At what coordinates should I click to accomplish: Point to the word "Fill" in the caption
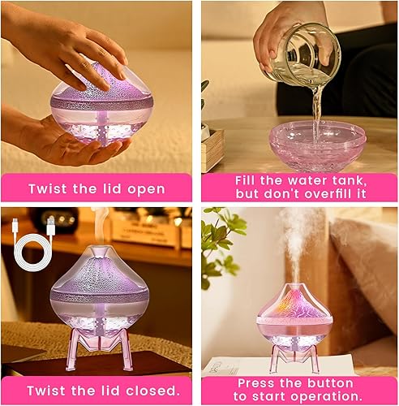[x=248, y=179]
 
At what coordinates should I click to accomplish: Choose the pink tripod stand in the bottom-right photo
[x=294, y=354]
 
